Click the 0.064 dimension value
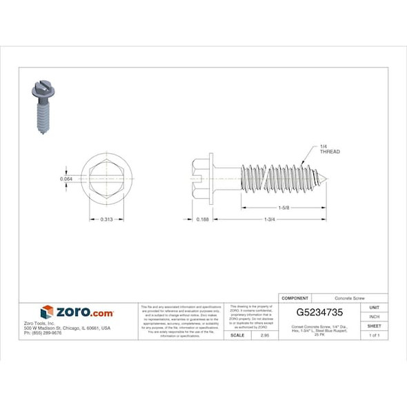click(66, 179)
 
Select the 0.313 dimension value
click(106, 219)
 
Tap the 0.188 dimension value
click(202, 219)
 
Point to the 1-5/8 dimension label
click(283, 207)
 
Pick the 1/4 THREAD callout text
click(329, 149)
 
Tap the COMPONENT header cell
click(296, 294)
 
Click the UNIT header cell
click(374, 307)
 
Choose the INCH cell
click(374, 317)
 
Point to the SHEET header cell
click(374, 326)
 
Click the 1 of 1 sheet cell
click(374, 335)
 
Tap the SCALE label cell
click(237, 335)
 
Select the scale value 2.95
click(264, 335)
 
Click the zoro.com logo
click(78, 312)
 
